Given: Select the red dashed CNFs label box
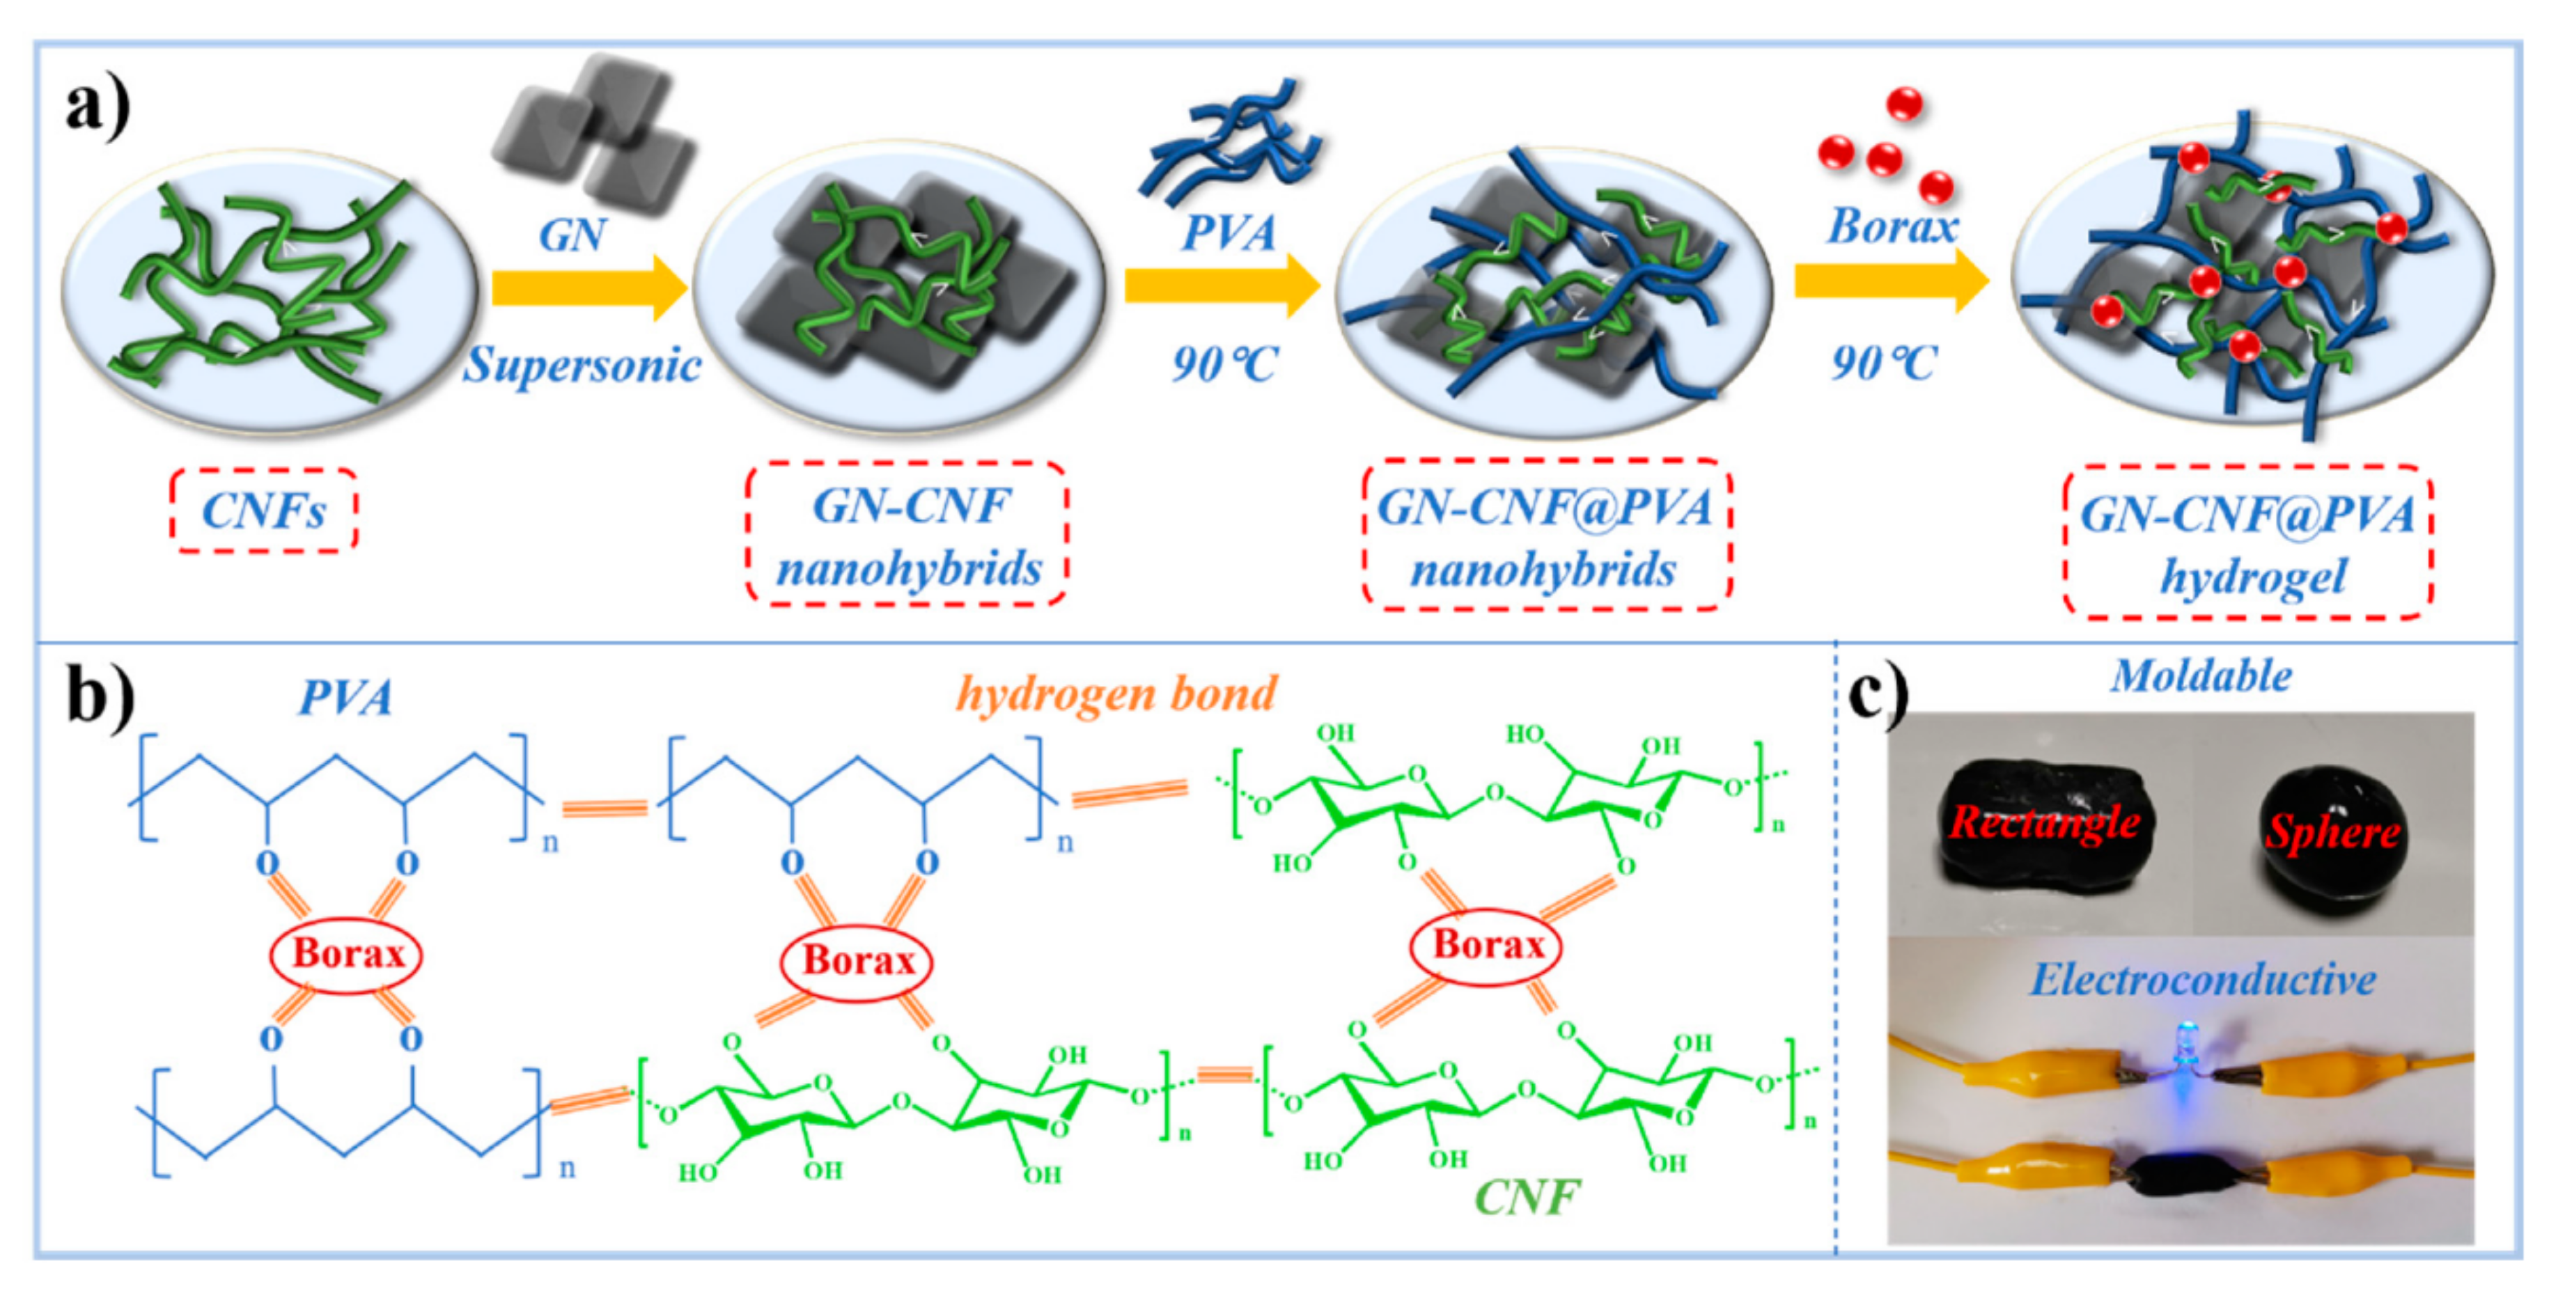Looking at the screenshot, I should click(263, 511).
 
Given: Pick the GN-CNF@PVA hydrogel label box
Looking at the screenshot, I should click(2248, 543).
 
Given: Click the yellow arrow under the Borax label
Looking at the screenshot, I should click(1891, 281).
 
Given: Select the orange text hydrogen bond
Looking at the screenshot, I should click(1116, 694).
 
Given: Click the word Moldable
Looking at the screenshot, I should click(2201, 677).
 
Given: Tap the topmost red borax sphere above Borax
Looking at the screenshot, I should click(1904, 104).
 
